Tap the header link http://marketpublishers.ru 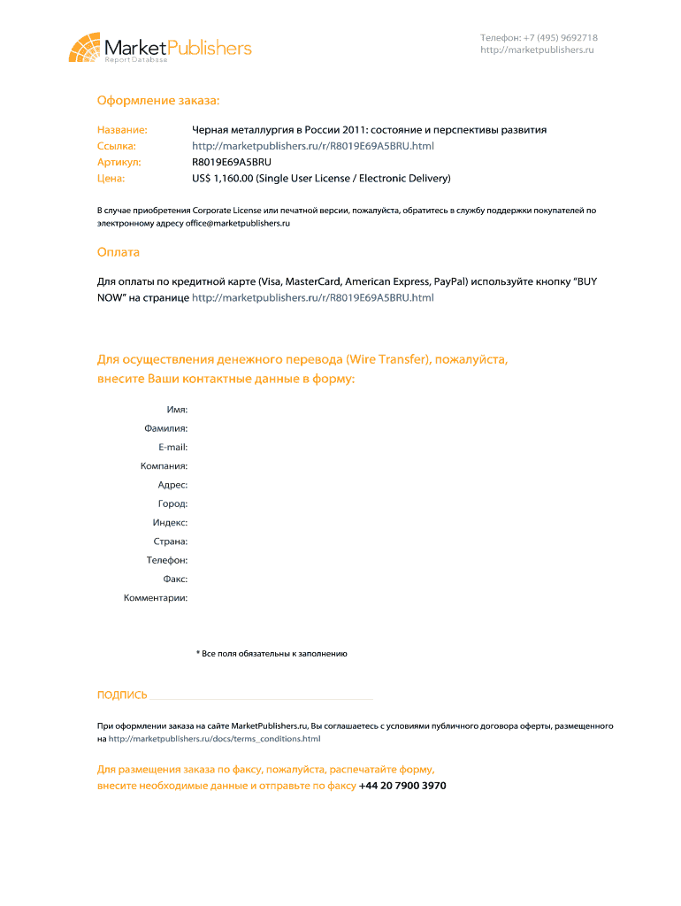point(537,50)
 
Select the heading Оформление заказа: point(158,102)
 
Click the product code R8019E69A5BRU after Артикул point(232,163)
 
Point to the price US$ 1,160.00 point(223,179)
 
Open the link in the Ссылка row point(313,146)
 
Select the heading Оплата point(119,252)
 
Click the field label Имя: point(177,410)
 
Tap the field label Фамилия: point(165,428)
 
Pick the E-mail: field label point(172,447)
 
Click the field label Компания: point(164,466)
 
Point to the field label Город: point(172,503)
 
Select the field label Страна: point(170,541)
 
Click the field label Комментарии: point(156,598)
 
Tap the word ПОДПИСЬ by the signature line point(122,695)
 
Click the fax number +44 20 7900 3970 point(402,786)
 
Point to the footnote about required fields point(272,654)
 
